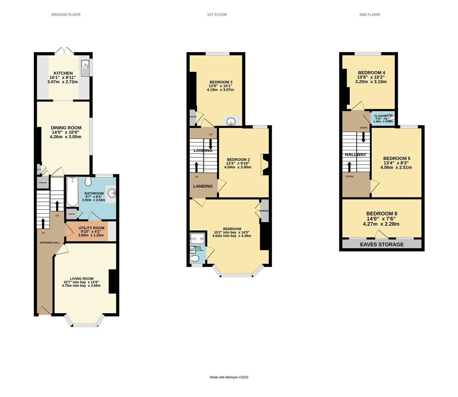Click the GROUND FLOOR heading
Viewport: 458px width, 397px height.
[x=66, y=15]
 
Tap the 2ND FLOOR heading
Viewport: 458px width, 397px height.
[x=369, y=15]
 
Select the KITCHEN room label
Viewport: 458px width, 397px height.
[x=63, y=73]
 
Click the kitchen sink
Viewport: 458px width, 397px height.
[x=85, y=67]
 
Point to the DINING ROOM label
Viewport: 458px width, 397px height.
[x=66, y=128]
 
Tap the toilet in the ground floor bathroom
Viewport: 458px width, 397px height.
[x=88, y=182]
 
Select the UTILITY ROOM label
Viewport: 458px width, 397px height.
[x=91, y=228]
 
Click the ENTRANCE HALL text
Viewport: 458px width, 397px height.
[x=50, y=243]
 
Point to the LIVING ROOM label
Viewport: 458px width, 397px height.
[x=82, y=279]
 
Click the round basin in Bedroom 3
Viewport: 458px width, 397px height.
[x=231, y=121]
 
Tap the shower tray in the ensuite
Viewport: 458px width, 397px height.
[x=195, y=238]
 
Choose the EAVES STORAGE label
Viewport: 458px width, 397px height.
[x=382, y=244]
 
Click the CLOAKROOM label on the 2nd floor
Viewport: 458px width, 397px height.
[x=383, y=116]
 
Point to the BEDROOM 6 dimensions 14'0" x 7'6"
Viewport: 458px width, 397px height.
[x=382, y=219]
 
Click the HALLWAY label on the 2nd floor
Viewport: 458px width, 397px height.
[x=355, y=154]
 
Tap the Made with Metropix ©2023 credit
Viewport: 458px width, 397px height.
[x=229, y=377]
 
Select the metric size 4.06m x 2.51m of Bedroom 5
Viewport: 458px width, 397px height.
[x=396, y=167]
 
